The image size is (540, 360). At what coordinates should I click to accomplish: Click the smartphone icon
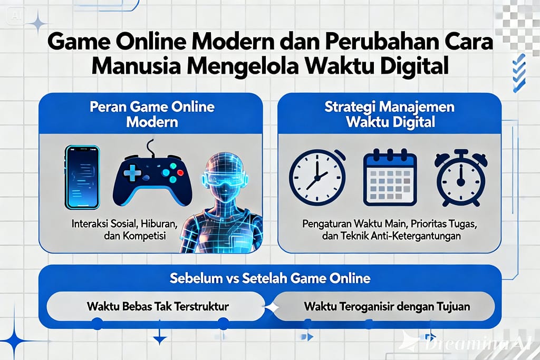click(x=82, y=177)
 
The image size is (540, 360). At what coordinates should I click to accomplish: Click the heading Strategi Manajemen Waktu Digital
click(x=390, y=114)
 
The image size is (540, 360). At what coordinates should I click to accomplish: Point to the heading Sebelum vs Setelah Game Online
click(x=270, y=278)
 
